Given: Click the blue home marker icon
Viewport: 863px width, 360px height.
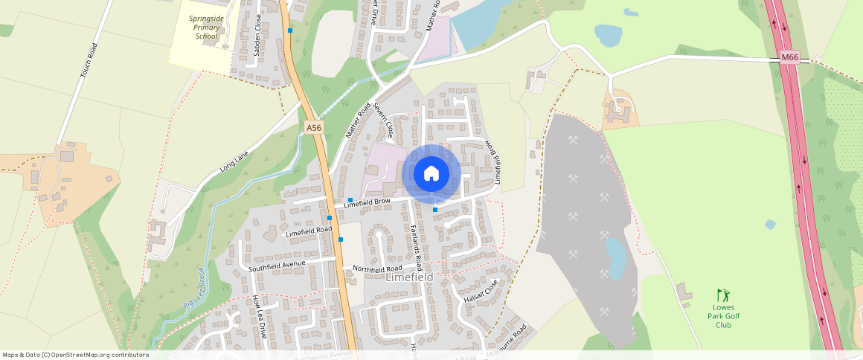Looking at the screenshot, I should tap(431, 174).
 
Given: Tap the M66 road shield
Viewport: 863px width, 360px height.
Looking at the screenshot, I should tap(789, 58).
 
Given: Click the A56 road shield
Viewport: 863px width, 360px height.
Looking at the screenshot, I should tap(314, 128).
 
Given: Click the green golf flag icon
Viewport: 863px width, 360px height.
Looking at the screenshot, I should tap(720, 295).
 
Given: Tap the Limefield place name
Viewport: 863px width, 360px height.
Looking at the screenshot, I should tap(409, 277).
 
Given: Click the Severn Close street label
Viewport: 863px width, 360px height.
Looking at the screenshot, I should tap(384, 121).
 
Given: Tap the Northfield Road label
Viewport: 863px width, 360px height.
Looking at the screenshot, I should tap(377, 268).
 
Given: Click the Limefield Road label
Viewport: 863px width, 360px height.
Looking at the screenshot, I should tap(309, 232).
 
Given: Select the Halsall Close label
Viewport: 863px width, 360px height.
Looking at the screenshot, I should tap(480, 291).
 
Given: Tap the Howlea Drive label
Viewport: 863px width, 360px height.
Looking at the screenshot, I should tap(259, 317).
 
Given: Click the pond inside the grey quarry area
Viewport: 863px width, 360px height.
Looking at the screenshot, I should tap(615, 258).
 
